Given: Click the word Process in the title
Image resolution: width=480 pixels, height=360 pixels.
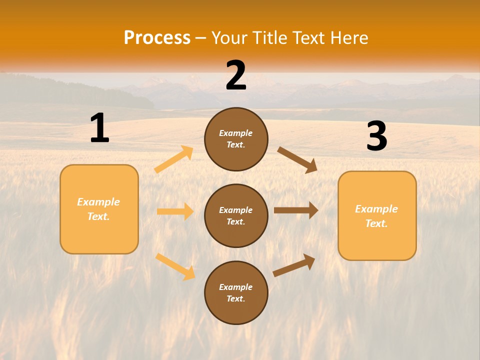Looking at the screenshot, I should (x=157, y=38).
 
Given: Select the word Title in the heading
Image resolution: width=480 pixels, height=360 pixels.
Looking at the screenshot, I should (x=269, y=38).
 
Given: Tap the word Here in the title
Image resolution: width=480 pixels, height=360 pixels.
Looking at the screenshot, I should (x=348, y=38).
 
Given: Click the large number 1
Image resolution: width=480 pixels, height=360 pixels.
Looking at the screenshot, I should (x=99, y=128).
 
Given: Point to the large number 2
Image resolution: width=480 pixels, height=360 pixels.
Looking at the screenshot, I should (x=236, y=75).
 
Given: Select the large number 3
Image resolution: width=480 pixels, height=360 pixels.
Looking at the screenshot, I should (x=376, y=136).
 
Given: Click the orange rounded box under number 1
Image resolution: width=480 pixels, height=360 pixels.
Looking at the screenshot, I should (x=99, y=209).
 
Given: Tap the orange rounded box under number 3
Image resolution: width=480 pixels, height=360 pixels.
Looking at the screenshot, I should (x=377, y=215).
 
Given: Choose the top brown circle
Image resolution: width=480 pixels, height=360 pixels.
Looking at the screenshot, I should (x=236, y=139).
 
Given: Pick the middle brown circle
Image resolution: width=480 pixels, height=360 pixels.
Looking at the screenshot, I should (x=236, y=215).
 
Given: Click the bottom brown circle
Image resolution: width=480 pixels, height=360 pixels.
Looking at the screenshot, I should (x=236, y=292).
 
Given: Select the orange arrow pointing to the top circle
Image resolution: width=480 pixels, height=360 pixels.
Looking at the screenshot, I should (x=174, y=159).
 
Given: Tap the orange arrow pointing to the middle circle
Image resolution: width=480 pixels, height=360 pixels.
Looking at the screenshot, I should (x=175, y=211).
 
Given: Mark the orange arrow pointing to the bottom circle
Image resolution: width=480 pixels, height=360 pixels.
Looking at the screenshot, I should (x=175, y=266).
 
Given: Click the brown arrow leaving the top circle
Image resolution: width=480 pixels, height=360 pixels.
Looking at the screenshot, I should (x=297, y=159).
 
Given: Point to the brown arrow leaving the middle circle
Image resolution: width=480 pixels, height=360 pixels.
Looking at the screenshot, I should (x=296, y=210).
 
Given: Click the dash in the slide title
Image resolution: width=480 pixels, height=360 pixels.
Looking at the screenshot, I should (x=201, y=38).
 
